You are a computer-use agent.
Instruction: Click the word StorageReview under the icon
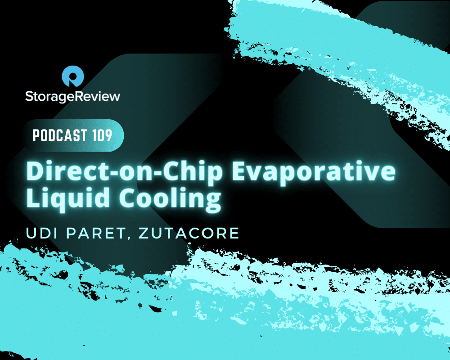[72, 96]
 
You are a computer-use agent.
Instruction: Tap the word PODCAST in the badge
[60, 135]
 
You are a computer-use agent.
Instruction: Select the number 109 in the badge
[102, 135]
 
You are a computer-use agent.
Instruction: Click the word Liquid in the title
[68, 198]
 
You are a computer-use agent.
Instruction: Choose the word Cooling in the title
[170, 198]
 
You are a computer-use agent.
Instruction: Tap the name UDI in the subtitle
[42, 233]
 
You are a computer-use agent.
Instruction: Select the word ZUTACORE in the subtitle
[189, 233]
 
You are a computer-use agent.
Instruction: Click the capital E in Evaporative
[239, 171]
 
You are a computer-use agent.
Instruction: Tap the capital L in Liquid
[33, 198]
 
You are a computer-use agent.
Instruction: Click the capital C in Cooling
[127, 198]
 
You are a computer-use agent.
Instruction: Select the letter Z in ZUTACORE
[144, 233]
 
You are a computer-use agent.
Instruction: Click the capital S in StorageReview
[29, 96]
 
